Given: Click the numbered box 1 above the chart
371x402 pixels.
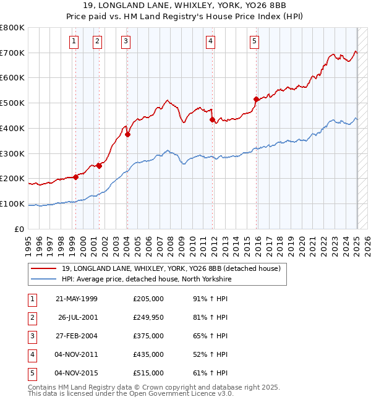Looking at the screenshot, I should coord(74,41).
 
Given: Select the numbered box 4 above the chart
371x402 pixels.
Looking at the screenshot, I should coord(210,41).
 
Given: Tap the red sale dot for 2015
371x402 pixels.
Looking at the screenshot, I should coord(256,99).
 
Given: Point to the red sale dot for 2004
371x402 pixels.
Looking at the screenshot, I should coord(128,134).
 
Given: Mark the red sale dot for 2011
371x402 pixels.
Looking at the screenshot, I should coord(212,119).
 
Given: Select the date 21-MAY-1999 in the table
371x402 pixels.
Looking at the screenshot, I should coord(77,299).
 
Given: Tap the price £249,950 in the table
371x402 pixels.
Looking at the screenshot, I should coord(148,317).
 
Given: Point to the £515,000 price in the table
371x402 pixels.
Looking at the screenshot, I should coord(148,373).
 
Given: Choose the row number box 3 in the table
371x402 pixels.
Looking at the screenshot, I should coord(30,336).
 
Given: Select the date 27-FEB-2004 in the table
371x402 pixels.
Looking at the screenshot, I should coord(77,336).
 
